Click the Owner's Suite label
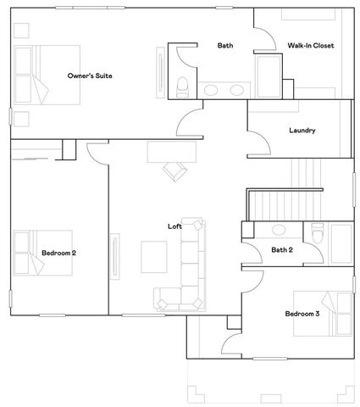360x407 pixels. click(x=91, y=76)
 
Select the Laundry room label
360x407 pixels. click(x=302, y=131)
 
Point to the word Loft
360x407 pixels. click(x=174, y=226)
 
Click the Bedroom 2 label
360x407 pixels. click(x=59, y=253)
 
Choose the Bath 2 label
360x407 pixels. click(x=282, y=250)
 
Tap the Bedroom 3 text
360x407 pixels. click(x=302, y=314)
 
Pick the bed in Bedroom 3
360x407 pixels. click(x=335, y=314)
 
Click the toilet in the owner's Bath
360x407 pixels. click(x=182, y=85)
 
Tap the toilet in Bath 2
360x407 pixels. click(x=318, y=233)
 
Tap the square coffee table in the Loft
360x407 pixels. click(x=154, y=256)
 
